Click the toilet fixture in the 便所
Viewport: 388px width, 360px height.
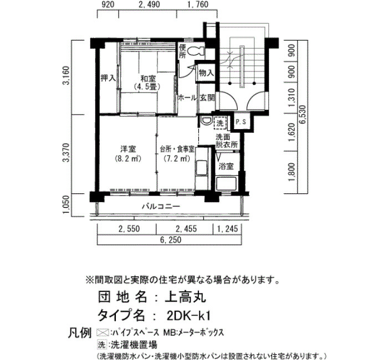[196, 52]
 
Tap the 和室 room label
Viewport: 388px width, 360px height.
[148, 79]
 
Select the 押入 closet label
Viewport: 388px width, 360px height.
[108, 78]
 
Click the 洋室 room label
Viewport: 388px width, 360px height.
[128, 150]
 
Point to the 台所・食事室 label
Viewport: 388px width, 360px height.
[177, 150]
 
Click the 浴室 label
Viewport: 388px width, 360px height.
[226, 166]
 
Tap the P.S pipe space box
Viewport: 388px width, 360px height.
[241, 122]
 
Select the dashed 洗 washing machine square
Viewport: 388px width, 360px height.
[220, 123]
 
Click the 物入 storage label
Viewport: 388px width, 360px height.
[206, 73]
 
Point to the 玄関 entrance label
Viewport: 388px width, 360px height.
[207, 98]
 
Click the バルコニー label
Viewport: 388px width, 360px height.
[161, 206]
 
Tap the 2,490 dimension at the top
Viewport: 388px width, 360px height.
[149, 4]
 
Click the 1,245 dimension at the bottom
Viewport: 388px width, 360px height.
[228, 229]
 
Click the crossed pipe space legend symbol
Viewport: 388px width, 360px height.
[103, 333]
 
